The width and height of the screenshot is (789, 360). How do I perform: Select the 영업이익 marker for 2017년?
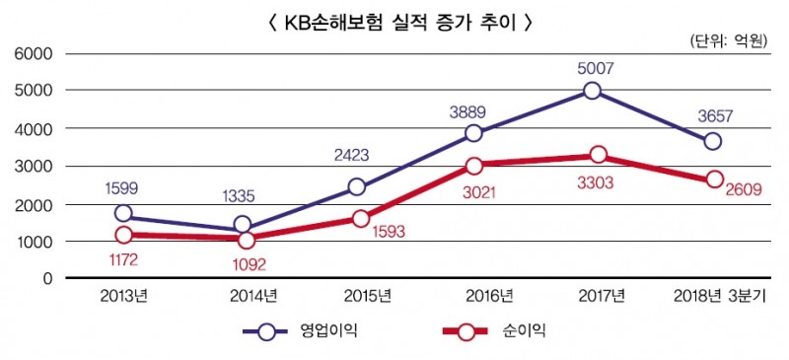tap(592, 91)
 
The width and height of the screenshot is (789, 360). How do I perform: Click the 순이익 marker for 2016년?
tap(474, 166)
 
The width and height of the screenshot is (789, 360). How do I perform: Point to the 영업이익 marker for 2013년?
tap(123, 213)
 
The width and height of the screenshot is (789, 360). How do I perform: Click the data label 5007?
tap(592, 67)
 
